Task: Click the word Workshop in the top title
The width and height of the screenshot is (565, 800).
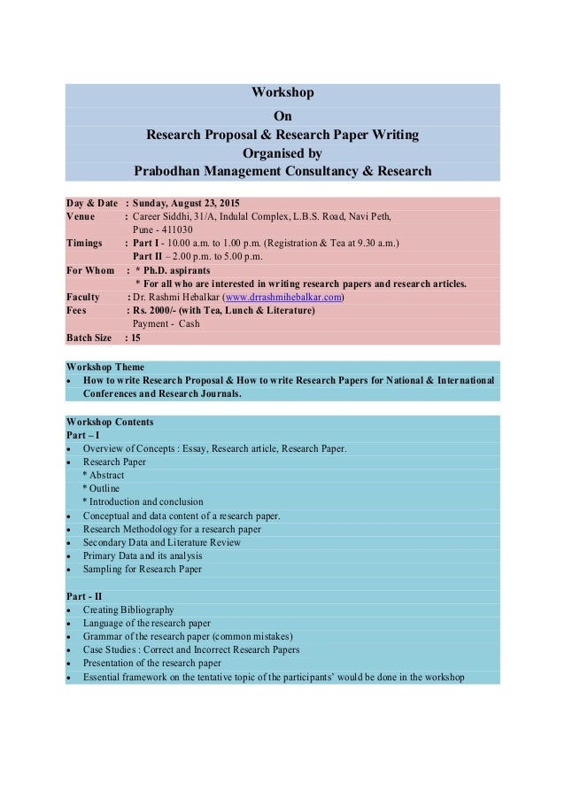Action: [x=282, y=92]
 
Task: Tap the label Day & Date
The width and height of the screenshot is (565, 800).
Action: [x=92, y=202]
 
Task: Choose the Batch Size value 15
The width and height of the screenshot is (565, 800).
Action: [x=136, y=338]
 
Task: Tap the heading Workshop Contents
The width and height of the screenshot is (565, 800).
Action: [x=110, y=422]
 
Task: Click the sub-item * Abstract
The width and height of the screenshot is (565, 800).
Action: [x=104, y=475]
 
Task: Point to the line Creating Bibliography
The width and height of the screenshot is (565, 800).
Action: [x=128, y=610]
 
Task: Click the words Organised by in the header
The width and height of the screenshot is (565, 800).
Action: [x=282, y=151]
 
